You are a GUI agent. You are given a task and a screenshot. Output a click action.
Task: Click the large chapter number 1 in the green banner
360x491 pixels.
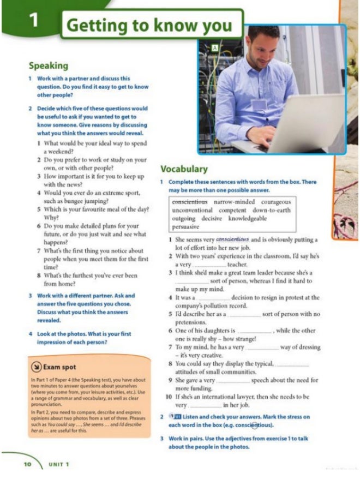tap(34, 21)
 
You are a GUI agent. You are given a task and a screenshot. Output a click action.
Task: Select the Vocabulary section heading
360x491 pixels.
tap(184, 169)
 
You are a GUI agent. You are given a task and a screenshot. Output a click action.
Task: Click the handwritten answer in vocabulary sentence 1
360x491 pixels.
tap(232, 239)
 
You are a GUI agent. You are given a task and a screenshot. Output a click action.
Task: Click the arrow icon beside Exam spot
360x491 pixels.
tap(35, 367)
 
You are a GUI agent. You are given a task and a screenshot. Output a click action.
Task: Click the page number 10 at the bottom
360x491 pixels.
tap(27, 464)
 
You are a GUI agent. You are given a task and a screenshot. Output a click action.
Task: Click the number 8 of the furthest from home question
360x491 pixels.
tap(39, 276)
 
